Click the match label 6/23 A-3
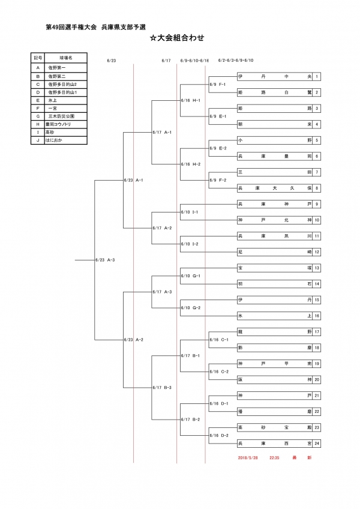(105, 260)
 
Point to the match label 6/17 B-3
(163, 387)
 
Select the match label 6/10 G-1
(190, 276)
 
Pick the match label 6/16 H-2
(190, 164)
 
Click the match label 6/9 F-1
(217, 85)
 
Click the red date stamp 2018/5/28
(248, 457)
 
